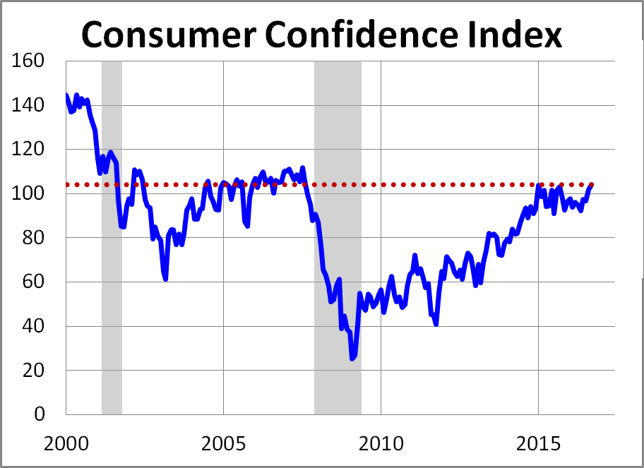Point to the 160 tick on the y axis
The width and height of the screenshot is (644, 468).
29,61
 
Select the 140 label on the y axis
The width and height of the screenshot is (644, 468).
29,105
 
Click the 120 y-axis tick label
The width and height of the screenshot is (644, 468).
29,150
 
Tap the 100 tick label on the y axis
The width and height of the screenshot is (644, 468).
29,193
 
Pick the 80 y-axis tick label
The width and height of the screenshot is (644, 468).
34,238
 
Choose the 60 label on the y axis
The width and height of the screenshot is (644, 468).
34,282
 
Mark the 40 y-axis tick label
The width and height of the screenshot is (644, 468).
34,326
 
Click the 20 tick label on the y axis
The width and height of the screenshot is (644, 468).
34,370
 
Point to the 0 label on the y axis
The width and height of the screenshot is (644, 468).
40,414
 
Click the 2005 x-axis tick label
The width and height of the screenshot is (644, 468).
223,445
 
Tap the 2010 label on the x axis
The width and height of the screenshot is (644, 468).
381,445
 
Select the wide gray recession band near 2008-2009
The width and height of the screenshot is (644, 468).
338,141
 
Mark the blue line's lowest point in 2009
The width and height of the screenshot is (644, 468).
352,359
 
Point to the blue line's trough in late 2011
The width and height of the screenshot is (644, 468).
436,324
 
